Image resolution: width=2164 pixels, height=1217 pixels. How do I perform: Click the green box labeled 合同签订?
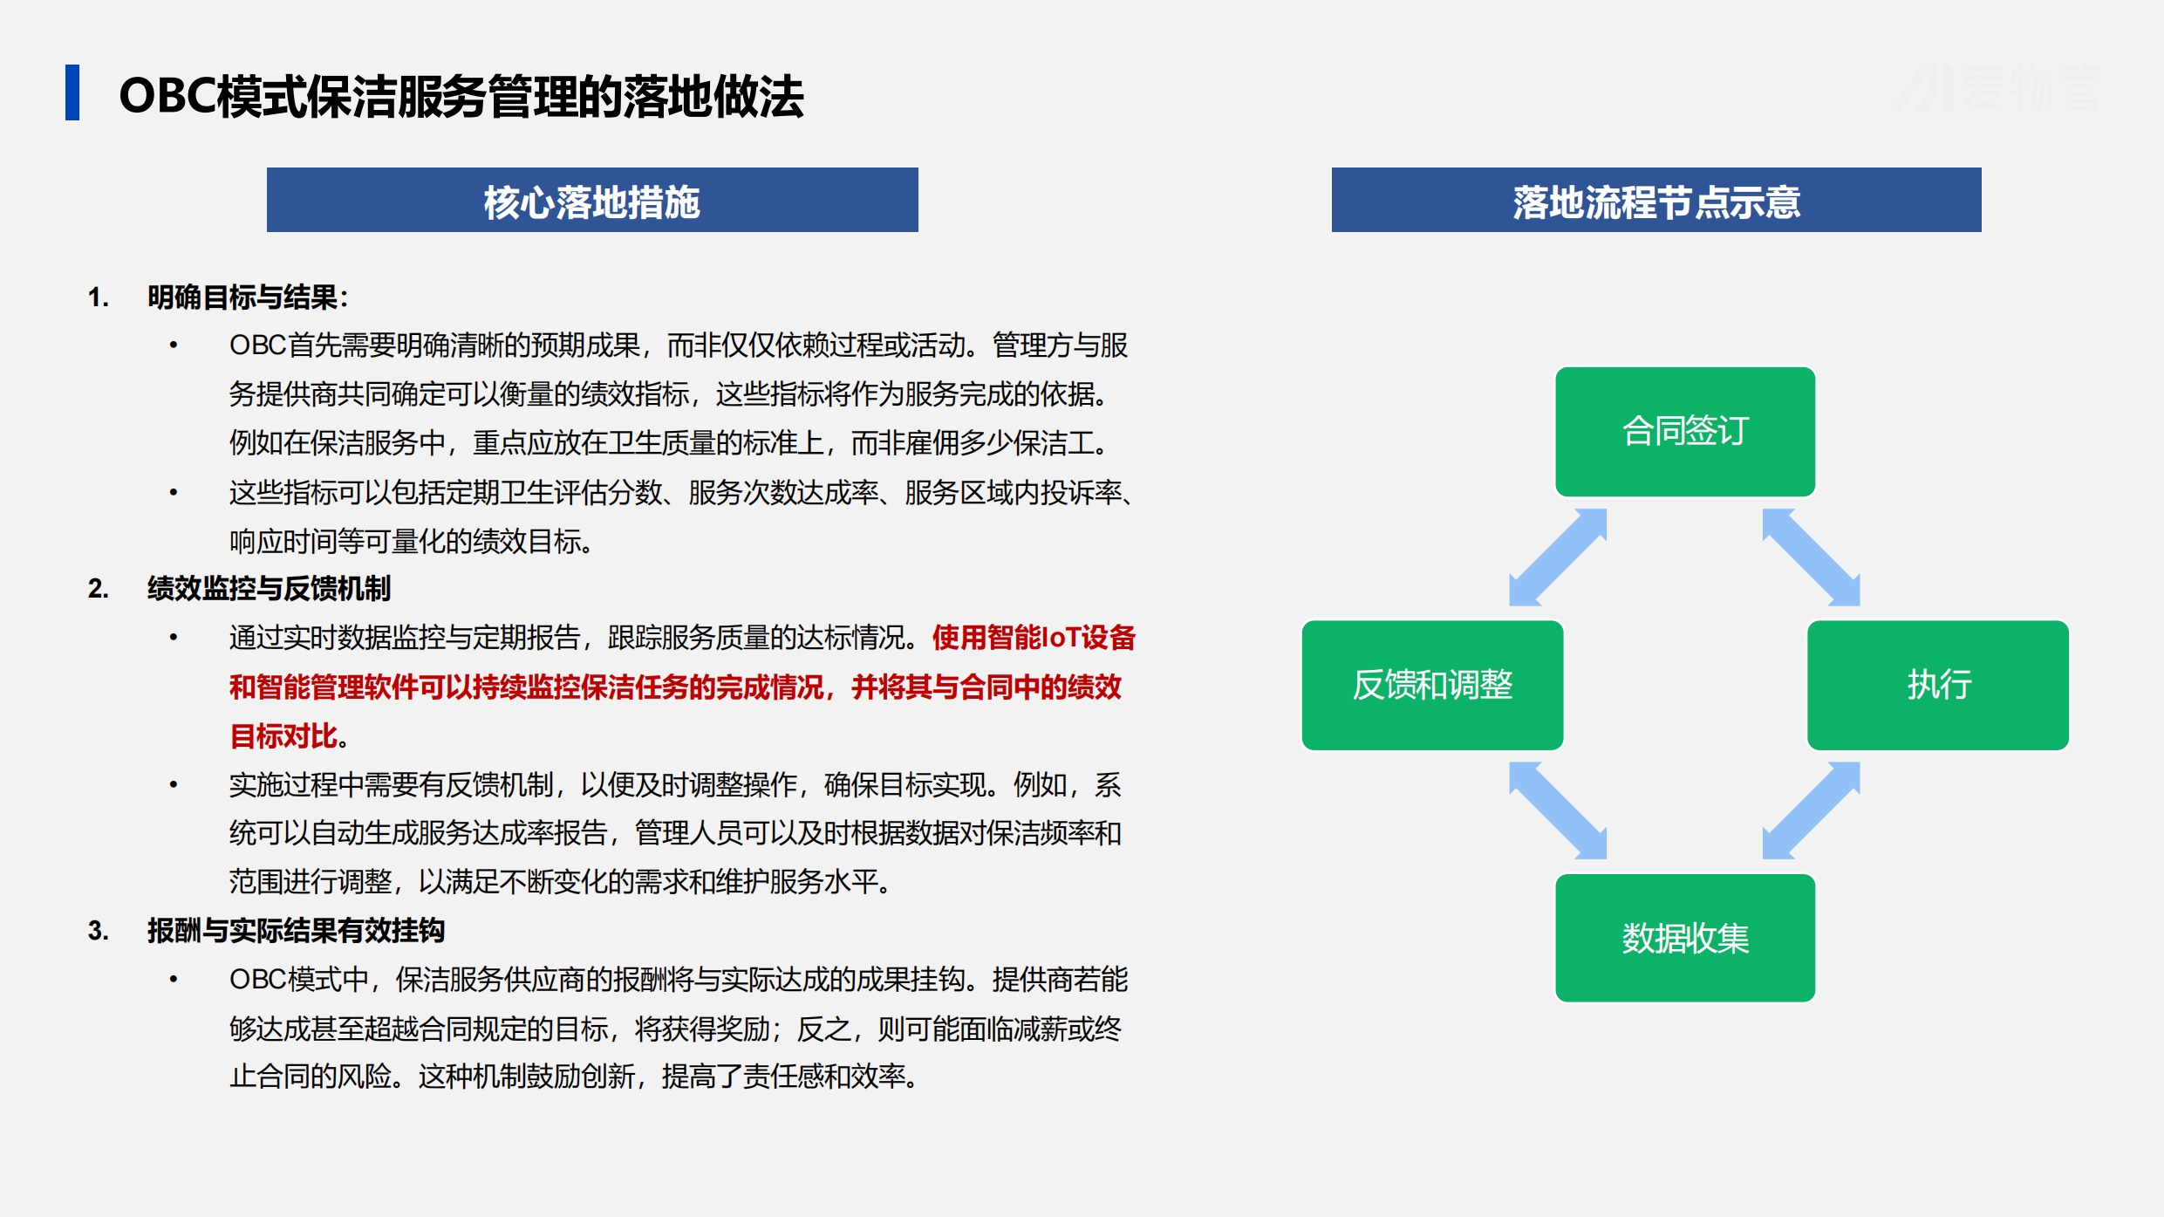point(1685,431)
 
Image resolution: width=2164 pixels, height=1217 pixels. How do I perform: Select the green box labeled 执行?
point(1938,685)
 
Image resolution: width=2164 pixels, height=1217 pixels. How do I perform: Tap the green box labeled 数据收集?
point(1685,938)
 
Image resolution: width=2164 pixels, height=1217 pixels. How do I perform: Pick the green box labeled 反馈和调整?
point(1432,685)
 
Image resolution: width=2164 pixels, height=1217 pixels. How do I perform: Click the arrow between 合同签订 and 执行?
point(1812,557)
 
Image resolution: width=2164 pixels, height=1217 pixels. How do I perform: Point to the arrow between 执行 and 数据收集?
point(1812,810)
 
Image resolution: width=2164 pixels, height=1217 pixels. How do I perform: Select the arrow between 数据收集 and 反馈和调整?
point(1558,810)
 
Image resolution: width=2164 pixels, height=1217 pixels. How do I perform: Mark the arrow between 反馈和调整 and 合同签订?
point(1558,557)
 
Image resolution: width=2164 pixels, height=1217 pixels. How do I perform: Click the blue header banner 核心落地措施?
point(592,200)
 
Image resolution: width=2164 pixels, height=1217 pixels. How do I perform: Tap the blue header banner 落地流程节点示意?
point(1656,200)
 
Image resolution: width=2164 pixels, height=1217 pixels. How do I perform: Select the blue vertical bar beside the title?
point(72,92)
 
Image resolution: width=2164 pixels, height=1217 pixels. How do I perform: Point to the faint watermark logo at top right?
point(1997,88)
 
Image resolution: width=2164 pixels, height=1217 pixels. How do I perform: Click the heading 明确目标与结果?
point(242,297)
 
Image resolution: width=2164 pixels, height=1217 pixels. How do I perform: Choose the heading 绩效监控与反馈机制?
point(269,589)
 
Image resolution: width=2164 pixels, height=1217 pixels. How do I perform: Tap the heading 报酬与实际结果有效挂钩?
point(296,931)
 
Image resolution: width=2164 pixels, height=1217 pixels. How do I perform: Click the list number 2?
point(99,589)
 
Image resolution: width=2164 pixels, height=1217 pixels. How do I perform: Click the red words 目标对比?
point(283,736)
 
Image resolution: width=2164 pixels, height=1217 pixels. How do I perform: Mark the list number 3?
point(99,931)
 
